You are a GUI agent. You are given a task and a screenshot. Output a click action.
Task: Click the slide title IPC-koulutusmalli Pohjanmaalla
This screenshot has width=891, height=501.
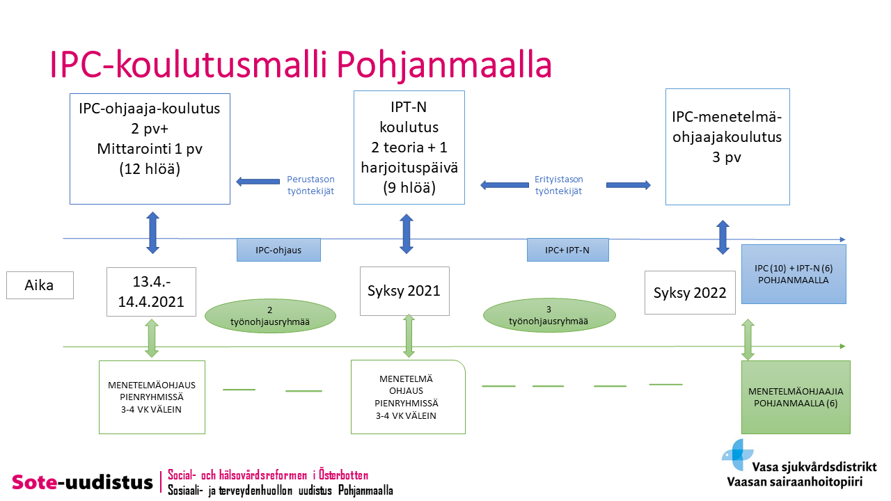(x=301, y=65)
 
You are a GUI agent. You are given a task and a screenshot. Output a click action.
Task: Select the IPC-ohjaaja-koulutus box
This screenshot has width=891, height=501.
(x=150, y=149)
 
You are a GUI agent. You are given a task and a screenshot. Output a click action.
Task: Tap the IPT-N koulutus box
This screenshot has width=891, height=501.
(x=409, y=148)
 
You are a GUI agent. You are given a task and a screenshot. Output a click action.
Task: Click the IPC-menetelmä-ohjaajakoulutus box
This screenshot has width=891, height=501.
(x=727, y=147)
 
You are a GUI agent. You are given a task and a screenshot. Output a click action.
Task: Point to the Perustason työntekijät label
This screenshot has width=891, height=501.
(x=310, y=185)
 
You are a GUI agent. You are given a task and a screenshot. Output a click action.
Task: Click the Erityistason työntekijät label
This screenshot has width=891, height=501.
(x=558, y=185)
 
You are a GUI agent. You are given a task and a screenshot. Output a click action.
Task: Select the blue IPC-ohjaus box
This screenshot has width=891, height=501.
(x=278, y=250)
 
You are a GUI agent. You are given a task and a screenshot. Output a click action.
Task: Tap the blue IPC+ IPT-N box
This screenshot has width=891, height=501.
(x=567, y=250)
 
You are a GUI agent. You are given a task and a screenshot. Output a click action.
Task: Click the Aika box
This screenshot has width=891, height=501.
(x=40, y=285)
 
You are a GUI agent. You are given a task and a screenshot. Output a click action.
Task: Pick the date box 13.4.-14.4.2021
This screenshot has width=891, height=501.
(x=151, y=292)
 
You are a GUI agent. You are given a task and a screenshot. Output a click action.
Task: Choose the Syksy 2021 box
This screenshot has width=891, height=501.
(x=404, y=291)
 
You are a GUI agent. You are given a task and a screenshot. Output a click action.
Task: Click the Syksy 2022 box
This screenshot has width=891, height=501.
(x=690, y=293)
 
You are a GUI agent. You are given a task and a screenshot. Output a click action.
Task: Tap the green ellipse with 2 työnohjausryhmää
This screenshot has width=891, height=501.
(x=270, y=316)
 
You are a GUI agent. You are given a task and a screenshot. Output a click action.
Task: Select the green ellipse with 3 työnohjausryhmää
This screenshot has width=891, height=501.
(x=549, y=315)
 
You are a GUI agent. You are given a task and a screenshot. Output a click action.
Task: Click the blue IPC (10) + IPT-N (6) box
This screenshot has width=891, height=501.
(x=794, y=274)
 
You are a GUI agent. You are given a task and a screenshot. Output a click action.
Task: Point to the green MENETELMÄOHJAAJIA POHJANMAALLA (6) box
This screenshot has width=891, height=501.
(x=796, y=397)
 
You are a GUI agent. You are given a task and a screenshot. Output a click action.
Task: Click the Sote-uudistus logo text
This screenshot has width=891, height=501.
(x=82, y=482)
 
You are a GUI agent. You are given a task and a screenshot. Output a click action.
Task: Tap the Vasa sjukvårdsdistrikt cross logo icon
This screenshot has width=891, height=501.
(x=737, y=454)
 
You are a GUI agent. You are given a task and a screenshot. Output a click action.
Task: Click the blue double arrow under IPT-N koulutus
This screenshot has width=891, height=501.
(x=406, y=234)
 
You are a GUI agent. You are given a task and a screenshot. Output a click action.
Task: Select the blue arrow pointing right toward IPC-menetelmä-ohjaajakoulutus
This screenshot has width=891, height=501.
(x=629, y=185)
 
